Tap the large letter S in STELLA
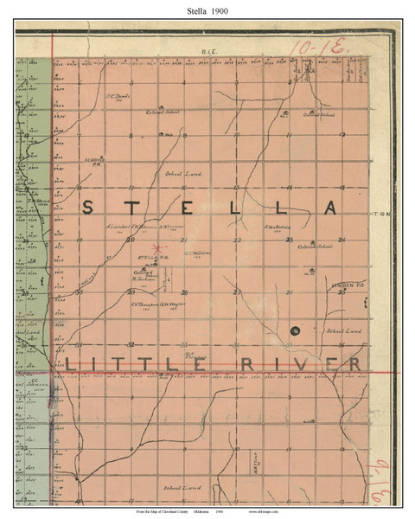(89, 205)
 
